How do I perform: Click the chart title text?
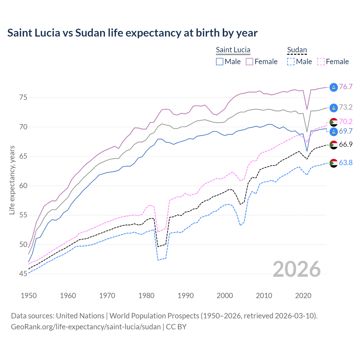coord(132,33)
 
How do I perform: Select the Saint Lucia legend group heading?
coord(233,50)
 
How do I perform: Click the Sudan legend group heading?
coord(297,50)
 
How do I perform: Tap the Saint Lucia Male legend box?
coord(220,62)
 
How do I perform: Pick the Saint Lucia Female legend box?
coord(249,62)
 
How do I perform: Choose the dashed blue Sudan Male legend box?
coord(291,62)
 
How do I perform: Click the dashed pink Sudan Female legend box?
coord(321,62)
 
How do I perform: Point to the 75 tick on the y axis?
coord(23,98)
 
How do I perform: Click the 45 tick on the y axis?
coord(23,274)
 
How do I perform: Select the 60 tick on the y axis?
coord(23,186)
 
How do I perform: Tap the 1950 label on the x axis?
coord(29,296)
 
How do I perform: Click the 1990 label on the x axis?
coord(186,296)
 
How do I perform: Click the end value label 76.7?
coord(346,87)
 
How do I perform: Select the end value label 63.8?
coord(346,163)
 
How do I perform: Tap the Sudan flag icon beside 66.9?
coord(334,145)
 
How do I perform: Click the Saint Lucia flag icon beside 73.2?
coord(334,107)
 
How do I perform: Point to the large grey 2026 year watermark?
coord(296,269)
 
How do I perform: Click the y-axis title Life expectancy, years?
coord(12,180)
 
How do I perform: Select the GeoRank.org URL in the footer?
coord(86,327)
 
